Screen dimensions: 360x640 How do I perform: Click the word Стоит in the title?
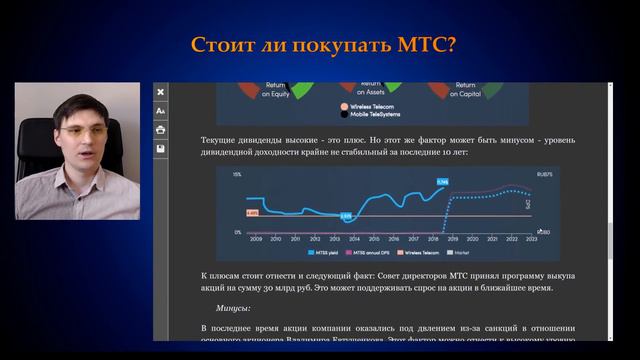pos(221,46)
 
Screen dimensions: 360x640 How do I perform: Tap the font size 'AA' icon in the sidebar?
pos(160,111)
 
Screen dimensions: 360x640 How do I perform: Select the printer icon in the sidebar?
pos(160,130)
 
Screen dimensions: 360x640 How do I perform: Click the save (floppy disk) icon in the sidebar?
pos(160,149)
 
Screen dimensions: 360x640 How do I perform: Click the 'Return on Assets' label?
pos(370,90)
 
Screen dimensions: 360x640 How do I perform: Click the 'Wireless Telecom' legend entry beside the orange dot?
pos(375,105)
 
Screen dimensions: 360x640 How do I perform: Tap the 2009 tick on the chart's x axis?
pos(256,239)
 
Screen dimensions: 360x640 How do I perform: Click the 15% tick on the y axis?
pos(238,175)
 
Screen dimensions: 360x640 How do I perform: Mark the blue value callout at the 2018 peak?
pos(442,182)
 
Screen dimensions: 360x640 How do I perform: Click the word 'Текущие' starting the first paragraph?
pos(220,141)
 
